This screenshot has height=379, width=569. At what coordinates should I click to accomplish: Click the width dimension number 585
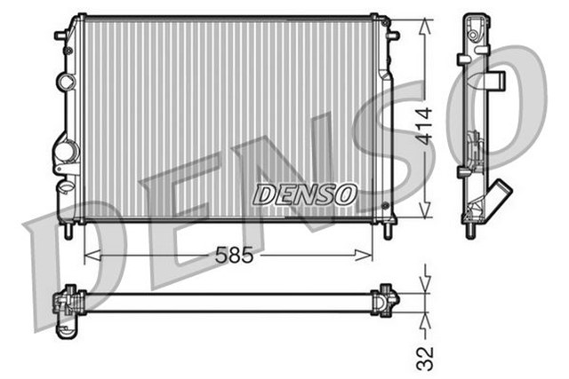point(233,255)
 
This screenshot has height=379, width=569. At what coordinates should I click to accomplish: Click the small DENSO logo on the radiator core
point(305,193)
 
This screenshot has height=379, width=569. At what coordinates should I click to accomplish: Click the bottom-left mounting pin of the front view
point(68,230)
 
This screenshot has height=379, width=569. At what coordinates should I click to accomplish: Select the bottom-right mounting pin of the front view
point(388,230)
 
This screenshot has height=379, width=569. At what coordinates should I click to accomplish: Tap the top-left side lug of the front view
point(61,36)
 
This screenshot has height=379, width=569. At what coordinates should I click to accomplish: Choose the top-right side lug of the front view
point(393,36)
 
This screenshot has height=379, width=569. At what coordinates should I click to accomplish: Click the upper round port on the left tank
point(66,82)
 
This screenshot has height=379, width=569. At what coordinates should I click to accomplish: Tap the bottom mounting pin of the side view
point(469,232)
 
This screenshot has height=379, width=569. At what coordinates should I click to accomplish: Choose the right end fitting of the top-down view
point(385,299)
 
